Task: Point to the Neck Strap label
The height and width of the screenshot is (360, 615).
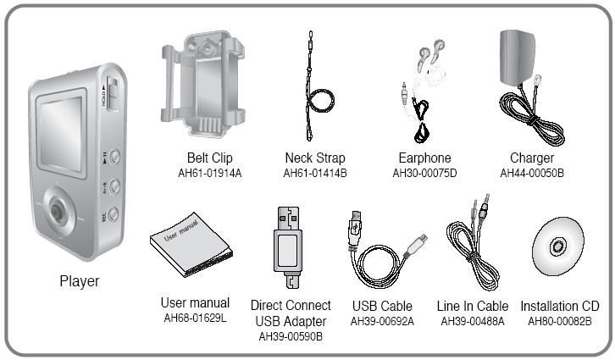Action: [x=315, y=158]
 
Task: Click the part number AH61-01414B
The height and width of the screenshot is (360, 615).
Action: [x=315, y=173]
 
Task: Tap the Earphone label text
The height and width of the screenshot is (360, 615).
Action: [x=424, y=158]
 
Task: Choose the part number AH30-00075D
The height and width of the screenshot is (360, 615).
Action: [x=424, y=173]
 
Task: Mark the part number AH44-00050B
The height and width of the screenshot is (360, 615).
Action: [x=532, y=173]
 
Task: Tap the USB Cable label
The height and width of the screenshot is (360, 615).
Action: [x=382, y=306]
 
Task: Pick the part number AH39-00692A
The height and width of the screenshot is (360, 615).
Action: [x=382, y=320]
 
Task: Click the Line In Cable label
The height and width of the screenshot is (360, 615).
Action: [x=474, y=306]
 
